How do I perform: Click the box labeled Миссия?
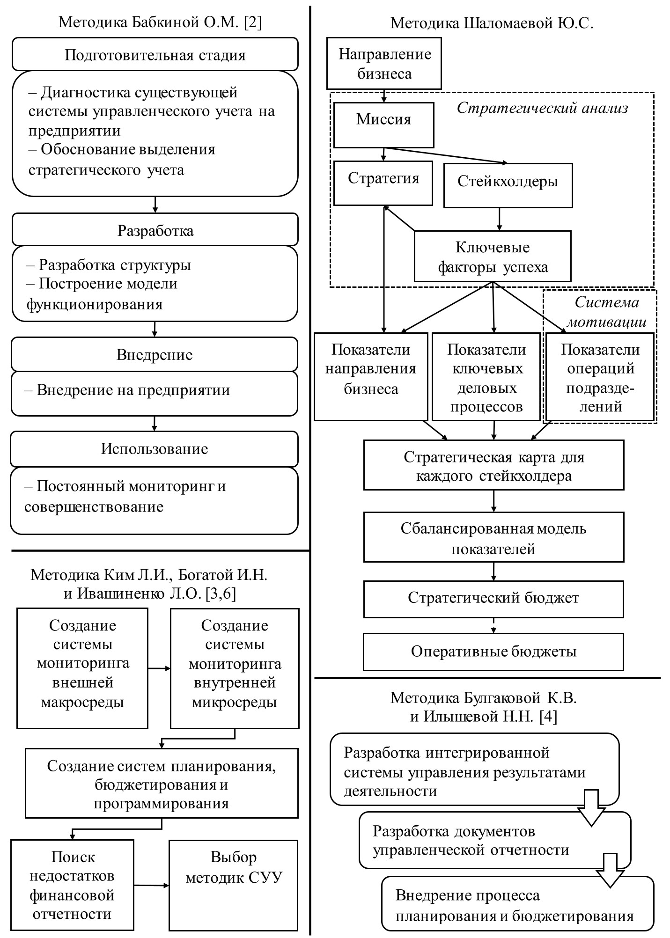click(x=383, y=125)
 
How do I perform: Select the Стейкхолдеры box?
click(x=508, y=185)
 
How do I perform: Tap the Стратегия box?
click(x=383, y=183)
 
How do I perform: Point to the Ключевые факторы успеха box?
click(x=493, y=256)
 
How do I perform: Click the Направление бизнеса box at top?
click(x=384, y=64)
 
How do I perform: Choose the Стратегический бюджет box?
click(x=493, y=599)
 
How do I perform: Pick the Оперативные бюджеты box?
click(x=493, y=652)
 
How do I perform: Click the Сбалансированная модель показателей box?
click(x=493, y=537)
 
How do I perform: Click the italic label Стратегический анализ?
click(x=542, y=108)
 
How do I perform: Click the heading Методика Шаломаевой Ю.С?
click(x=492, y=23)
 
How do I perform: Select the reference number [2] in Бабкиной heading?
click(x=253, y=22)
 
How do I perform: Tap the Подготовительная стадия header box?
click(x=155, y=54)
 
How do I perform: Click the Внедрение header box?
click(x=155, y=354)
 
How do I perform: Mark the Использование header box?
click(x=155, y=449)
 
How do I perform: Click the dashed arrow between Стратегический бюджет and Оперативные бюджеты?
click(x=493, y=626)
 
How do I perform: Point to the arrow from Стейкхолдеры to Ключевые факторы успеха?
click(x=500, y=219)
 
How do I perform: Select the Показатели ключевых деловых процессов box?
click(x=486, y=377)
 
